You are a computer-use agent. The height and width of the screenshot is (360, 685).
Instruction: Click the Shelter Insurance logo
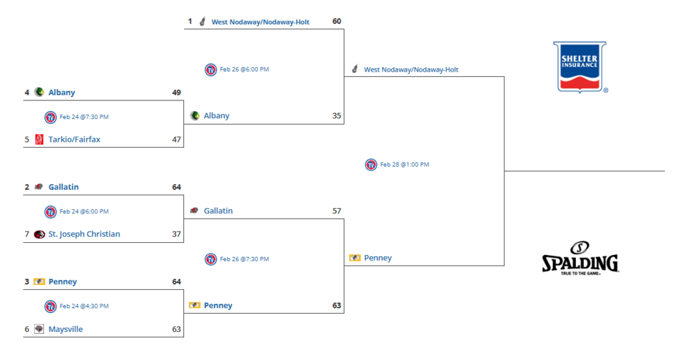pos(579,67)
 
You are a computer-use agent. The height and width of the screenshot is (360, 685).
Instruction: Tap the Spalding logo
pos(579,258)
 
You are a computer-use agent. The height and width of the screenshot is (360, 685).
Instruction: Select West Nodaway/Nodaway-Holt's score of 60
pos(336,21)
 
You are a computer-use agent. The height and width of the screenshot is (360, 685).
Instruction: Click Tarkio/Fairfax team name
pos(74,139)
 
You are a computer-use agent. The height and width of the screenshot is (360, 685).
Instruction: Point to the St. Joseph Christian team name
pos(84,234)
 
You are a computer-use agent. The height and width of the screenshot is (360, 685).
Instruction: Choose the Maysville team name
pos(66,329)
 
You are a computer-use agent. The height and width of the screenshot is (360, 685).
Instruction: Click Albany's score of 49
pos(177,92)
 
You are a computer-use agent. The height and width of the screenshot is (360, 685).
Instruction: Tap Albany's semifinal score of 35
pos(336,116)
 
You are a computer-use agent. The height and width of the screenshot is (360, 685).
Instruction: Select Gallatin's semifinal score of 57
pos(336,211)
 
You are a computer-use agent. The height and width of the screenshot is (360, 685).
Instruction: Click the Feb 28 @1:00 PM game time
pos(405,165)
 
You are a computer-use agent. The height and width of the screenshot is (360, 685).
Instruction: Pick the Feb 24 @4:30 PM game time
pos(84,306)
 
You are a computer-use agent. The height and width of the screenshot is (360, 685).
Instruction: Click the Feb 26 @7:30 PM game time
pos(244,259)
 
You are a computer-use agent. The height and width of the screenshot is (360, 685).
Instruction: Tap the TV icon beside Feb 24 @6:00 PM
pos(50,211)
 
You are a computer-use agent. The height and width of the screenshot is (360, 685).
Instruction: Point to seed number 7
pos(27,234)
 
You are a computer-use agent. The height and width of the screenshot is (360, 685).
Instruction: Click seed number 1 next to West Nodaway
pos(189,21)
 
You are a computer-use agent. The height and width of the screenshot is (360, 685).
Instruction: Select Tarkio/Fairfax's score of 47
pos(177,139)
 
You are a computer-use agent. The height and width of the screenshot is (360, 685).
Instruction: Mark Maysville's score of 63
pos(177,329)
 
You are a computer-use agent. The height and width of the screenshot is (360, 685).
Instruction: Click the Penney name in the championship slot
pos(378,258)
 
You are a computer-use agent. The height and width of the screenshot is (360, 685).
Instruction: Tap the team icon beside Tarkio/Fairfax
pos(39,139)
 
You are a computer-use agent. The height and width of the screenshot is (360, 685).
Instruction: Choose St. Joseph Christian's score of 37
pos(177,234)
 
